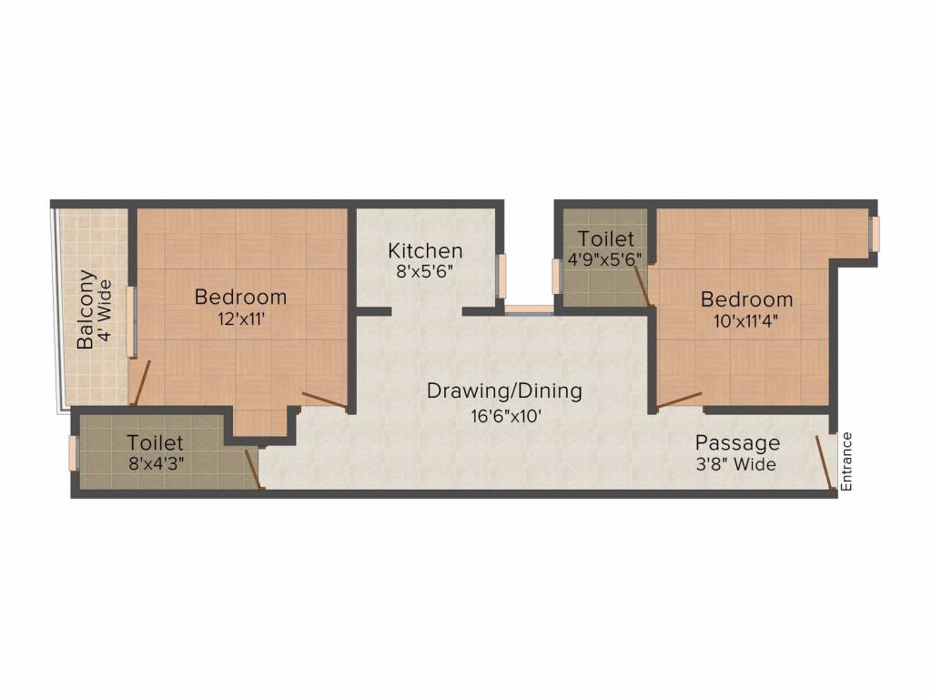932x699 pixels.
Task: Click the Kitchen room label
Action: (x=425, y=250)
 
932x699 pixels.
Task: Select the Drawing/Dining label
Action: (x=504, y=391)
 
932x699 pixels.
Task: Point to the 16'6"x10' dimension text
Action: (x=504, y=415)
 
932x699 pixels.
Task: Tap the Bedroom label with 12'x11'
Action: (x=240, y=297)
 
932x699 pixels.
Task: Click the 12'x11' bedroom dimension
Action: (x=240, y=318)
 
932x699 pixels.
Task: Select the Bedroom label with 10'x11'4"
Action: (x=746, y=299)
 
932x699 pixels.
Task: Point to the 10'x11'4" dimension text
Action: (x=746, y=320)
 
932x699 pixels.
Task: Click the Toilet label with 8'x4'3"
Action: (x=155, y=442)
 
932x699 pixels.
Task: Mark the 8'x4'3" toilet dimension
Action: (x=155, y=463)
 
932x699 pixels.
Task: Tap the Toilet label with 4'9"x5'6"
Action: (x=605, y=238)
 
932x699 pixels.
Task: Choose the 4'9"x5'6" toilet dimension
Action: (x=605, y=258)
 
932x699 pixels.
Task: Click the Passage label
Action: (x=737, y=443)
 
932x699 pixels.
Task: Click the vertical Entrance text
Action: (x=846, y=461)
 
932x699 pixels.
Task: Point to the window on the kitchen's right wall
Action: (x=500, y=276)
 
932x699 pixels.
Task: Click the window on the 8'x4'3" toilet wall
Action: (x=75, y=453)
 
